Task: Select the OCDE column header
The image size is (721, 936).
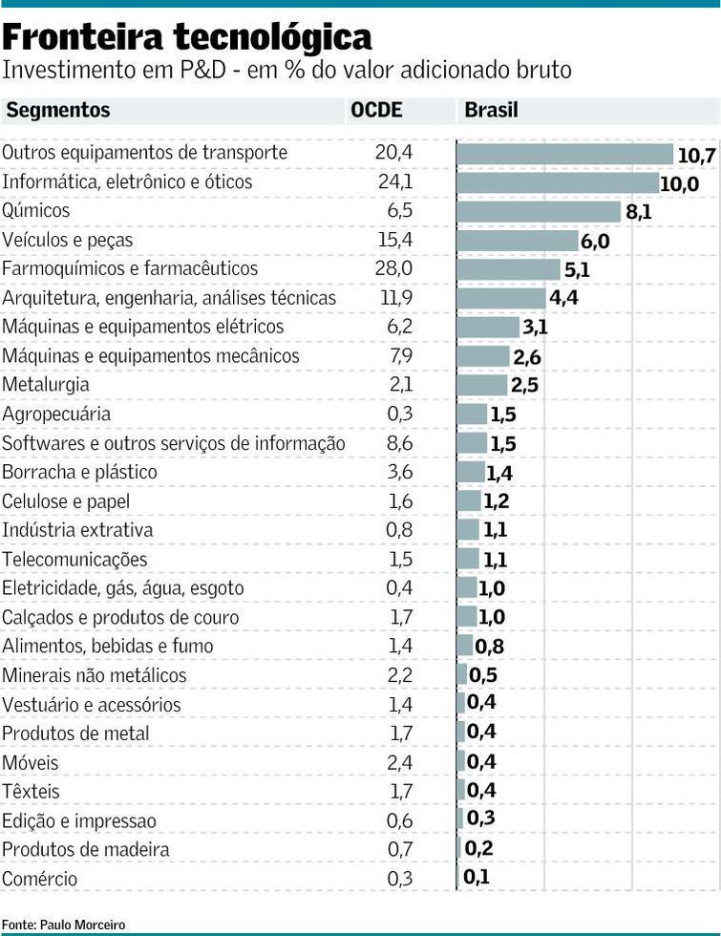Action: point(376,110)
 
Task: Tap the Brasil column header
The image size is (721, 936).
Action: point(491,110)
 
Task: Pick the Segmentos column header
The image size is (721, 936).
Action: point(58,110)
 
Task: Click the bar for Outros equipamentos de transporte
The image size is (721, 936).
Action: point(565,153)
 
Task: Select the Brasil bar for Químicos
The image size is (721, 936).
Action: point(539,211)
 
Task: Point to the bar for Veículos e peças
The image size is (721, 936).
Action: point(517,241)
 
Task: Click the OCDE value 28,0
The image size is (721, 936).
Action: point(393,269)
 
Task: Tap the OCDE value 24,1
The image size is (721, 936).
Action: point(393,181)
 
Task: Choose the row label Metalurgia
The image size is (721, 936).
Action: point(46,385)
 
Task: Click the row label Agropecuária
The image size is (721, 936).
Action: point(56,415)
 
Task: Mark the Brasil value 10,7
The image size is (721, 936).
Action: point(696,155)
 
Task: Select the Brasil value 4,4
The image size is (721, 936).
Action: point(563,298)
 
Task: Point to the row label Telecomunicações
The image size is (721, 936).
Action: point(75,560)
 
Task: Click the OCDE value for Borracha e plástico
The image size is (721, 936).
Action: point(400,473)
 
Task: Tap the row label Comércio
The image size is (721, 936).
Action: point(40,879)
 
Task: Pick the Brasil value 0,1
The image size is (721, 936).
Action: point(477,876)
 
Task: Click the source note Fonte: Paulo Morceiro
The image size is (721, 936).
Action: point(63,925)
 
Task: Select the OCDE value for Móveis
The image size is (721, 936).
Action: point(400,763)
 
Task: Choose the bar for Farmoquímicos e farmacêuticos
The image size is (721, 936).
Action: point(508,269)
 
